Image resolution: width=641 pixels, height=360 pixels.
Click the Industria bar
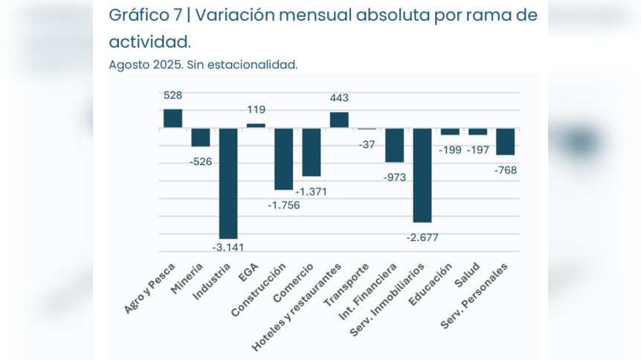pyautogui.click(x=228, y=183)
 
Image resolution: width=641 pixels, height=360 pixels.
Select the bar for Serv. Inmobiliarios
pyautogui.click(x=422, y=175)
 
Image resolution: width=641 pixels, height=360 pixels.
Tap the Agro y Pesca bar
pyautogui.click(x=173, y=118)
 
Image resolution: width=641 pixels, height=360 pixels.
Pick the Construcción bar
pyautogui.click(x=283, y=158)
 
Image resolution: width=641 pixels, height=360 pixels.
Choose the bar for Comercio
pyautogui.click(x=312, y=152)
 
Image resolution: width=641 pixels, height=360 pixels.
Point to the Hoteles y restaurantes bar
pyautogui.click(x=339, y=120)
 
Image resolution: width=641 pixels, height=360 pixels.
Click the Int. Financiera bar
pyautogui.click(x=394, y=145)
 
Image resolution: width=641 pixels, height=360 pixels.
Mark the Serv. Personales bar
pyautogui.click(x=506, y=141)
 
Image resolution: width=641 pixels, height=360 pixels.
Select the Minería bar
pyautogui.click(x=201, y=138)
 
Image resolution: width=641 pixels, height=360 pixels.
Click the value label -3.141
pyautogui.click(x=228, y=247)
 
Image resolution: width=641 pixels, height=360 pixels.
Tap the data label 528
pyautogui.click(x=173, y=95)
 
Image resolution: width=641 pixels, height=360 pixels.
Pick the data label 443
pyautogui.click(x=339, y=97)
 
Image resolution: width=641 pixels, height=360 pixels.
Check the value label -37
pyautogui.click(x=367, y=144)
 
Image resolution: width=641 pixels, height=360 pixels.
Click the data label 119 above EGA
pyautogui.click(x=257, y=110)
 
